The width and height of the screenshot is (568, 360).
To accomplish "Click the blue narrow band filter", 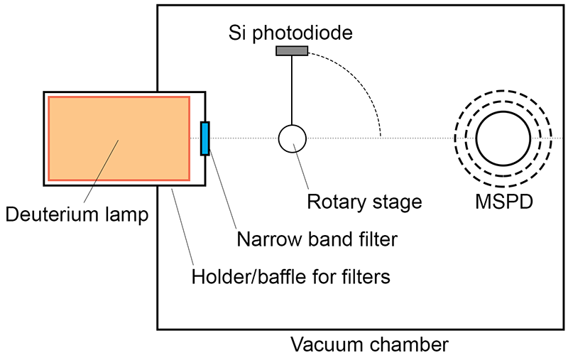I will point(205,138).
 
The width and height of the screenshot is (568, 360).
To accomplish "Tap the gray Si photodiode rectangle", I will point(292,50).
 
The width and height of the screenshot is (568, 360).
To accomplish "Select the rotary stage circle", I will point(291,138).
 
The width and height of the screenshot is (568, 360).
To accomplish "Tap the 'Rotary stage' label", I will point(364,202).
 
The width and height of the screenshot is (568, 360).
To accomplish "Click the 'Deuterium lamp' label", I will point(77,214).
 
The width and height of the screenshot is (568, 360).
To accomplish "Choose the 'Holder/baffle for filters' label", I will point(291,276).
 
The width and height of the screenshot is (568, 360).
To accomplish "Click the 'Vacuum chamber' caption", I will point(370,345).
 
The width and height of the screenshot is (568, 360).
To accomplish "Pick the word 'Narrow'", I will point(267,239).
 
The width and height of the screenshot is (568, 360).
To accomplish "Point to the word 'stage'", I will point(397,202).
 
